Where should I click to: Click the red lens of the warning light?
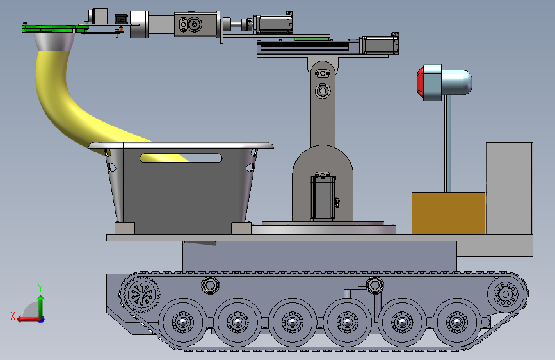tap(420, 82)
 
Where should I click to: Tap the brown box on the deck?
tap(448, 213)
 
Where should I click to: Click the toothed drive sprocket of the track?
tap(142, 294)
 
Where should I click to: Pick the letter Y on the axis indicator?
tap(40, 288)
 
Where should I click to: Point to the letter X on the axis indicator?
tap(13, 316)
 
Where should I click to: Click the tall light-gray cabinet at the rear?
tap(510, 188)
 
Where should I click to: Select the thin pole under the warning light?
tap(447, 143)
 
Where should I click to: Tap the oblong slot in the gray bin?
tap(181, 158)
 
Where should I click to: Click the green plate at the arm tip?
tap(53, 29)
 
